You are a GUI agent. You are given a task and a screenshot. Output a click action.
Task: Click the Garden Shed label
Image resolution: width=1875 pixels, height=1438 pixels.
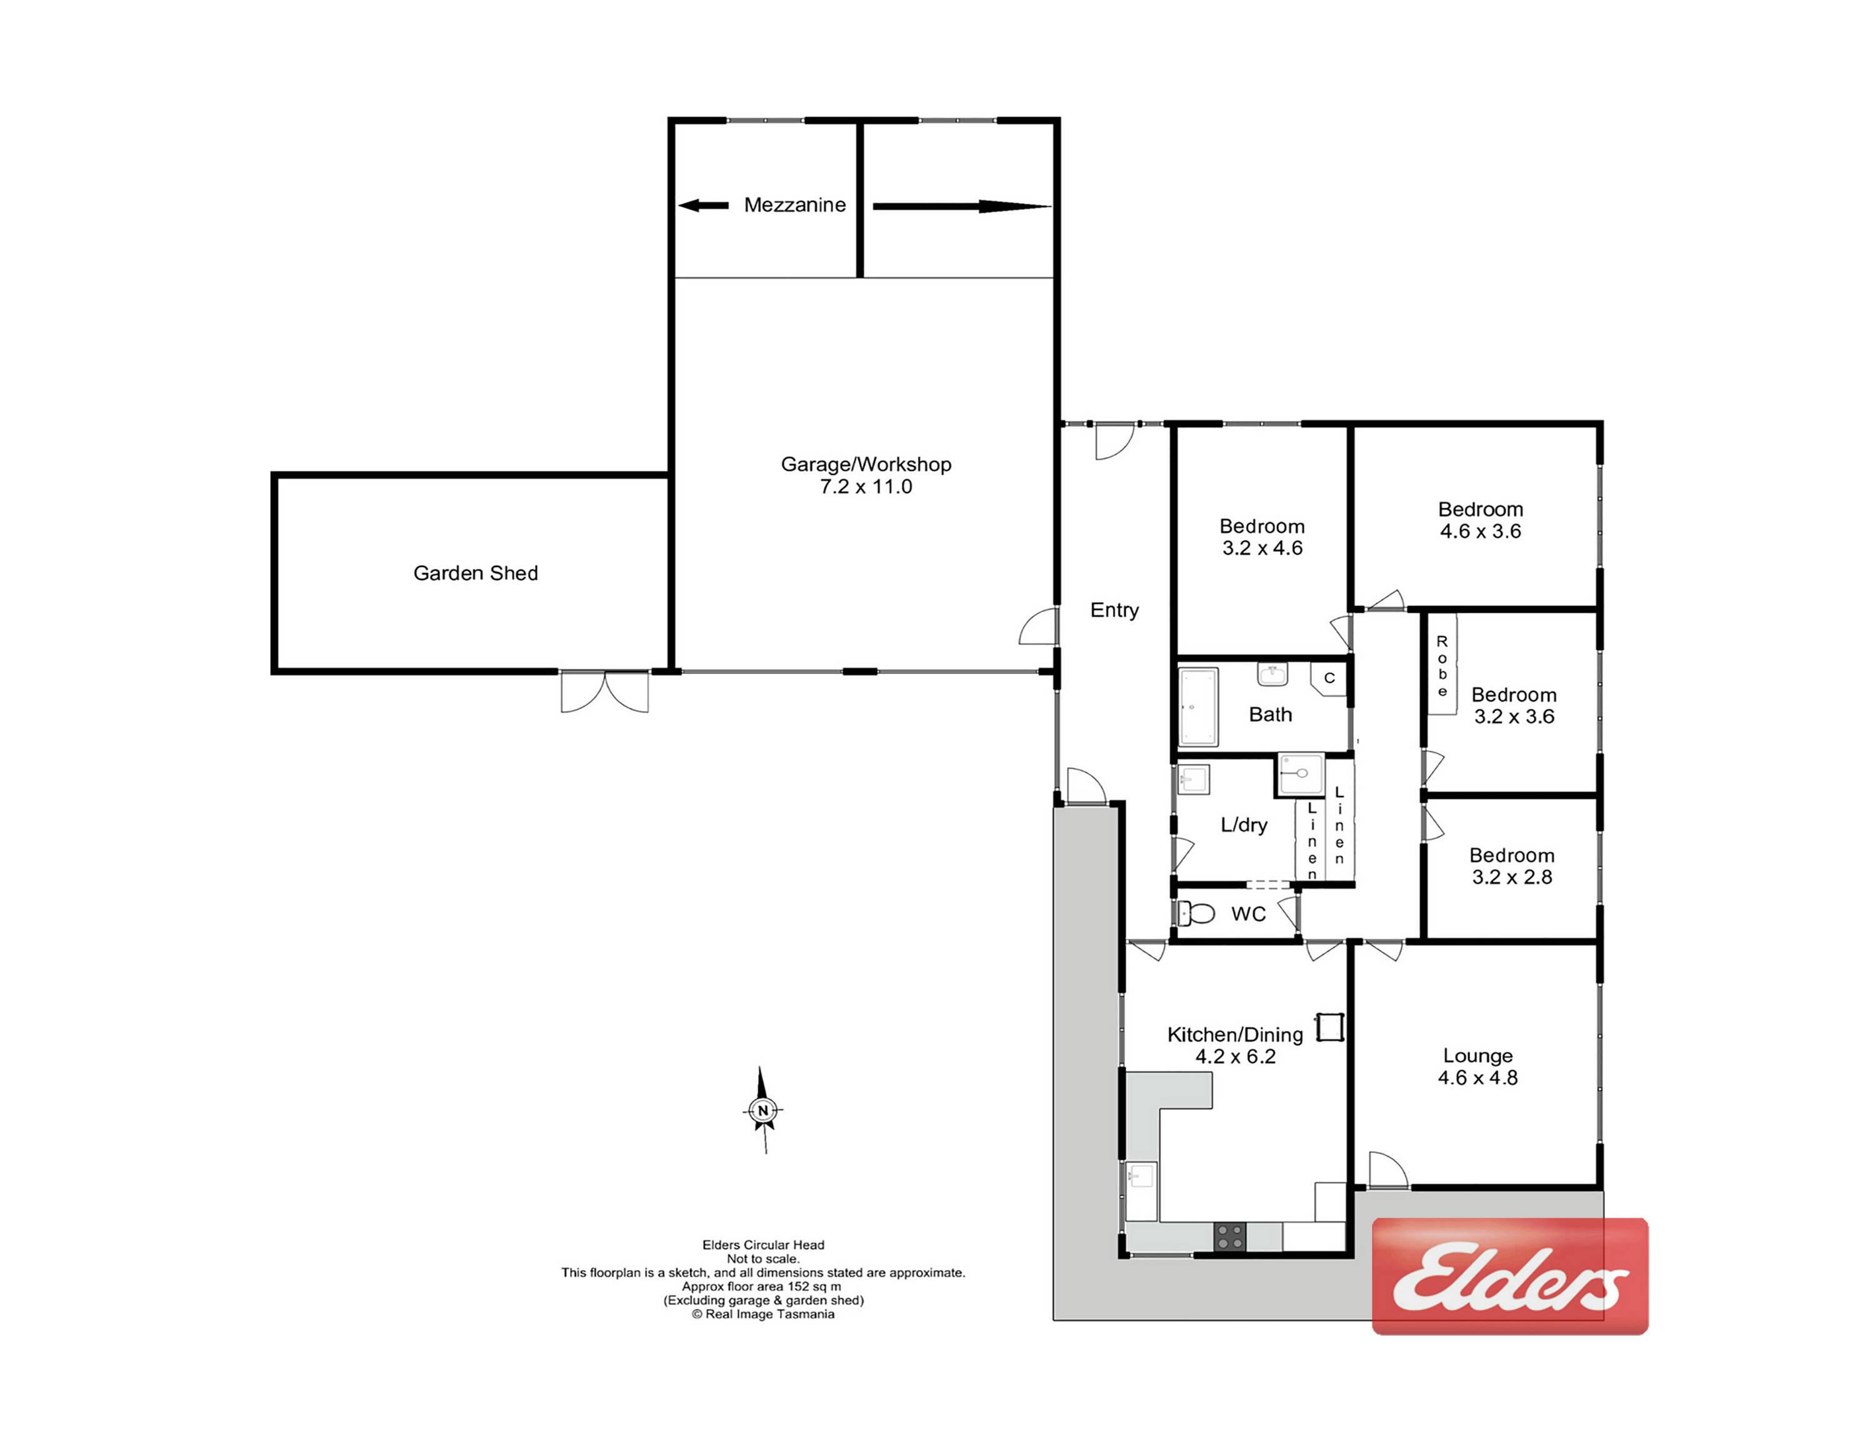coord(475,573)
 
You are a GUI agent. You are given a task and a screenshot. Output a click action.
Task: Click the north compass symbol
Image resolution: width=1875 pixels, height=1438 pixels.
coord(762,1110)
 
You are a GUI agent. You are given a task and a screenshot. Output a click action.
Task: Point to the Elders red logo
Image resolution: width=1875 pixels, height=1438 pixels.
coord(1509,1275)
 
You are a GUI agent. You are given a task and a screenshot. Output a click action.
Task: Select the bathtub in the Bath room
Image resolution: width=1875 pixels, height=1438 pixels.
coord(1198,707)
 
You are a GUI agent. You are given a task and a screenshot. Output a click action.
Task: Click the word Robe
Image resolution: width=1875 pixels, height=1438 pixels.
coord(1442,665)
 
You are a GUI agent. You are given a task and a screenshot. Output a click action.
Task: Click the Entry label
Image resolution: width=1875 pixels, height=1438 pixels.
coord(1114,610)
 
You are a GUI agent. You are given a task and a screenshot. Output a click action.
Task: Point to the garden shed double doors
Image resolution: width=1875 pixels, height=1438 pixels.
coord(604,691)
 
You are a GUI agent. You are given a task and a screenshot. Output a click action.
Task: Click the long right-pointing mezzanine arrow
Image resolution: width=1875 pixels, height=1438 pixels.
coord(962,206)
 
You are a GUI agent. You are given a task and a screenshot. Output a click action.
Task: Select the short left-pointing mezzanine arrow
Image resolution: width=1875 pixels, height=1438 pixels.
coord(702,206)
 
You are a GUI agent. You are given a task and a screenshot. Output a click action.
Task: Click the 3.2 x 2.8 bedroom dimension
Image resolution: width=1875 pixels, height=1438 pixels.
coord(1511,877)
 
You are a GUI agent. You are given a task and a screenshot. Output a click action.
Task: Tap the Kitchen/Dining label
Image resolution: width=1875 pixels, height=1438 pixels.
coord(1235,1034)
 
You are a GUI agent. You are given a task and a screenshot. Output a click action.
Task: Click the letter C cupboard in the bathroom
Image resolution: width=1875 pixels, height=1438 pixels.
coord(1329,678)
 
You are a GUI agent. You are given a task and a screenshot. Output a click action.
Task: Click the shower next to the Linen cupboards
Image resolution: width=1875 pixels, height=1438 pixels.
coord(1300,774)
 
